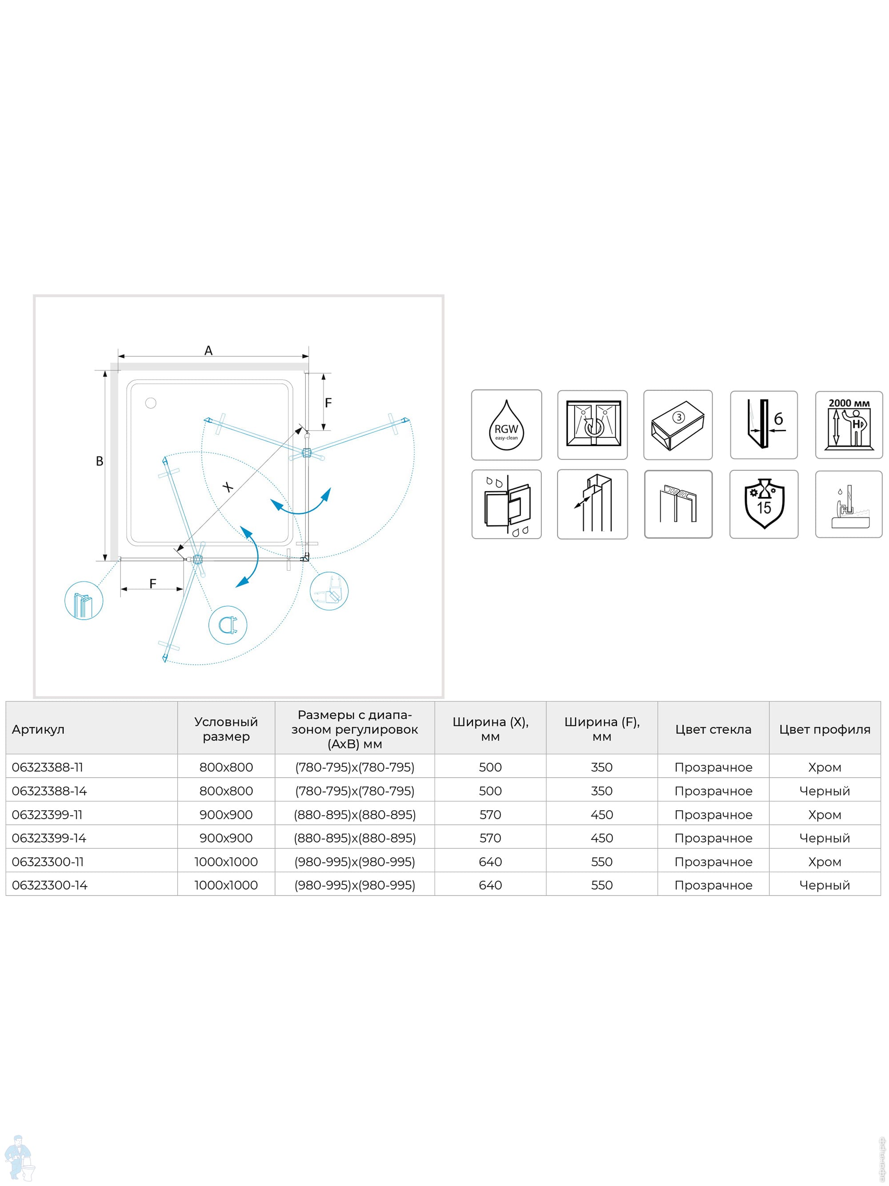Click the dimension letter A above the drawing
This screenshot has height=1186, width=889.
point(208,351)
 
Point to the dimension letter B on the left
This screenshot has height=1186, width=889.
point(100,461)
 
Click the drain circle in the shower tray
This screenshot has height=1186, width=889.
point(151,403)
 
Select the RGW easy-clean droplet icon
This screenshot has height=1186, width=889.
point(506,425)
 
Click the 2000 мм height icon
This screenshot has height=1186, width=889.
point(849,425)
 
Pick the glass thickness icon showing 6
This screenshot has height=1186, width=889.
point(764,425)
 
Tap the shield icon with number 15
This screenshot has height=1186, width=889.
point(764,504)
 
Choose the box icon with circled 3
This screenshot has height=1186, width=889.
point(678,425)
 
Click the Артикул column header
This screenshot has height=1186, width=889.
point(38,729)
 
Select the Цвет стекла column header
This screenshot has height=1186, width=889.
point(713,729)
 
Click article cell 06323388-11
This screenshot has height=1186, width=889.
point(48,767)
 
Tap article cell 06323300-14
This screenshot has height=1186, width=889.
point(49,885)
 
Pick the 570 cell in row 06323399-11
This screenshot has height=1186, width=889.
point(490,815)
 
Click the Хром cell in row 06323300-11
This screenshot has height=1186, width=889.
point(825,862)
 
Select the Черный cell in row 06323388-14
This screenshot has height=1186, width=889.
point(825,791)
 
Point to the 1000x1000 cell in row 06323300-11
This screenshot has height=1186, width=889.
point(226,862)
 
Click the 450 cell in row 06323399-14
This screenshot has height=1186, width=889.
point(602,838)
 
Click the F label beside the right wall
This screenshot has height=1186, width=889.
point(328,403)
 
